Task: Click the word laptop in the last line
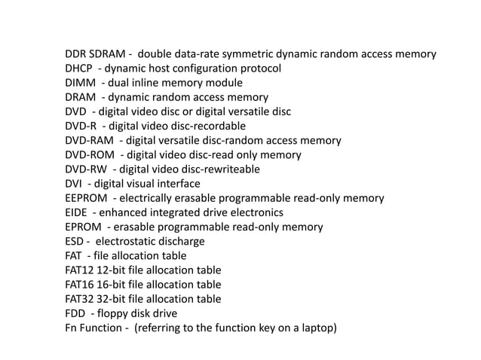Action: tap(317, 328)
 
